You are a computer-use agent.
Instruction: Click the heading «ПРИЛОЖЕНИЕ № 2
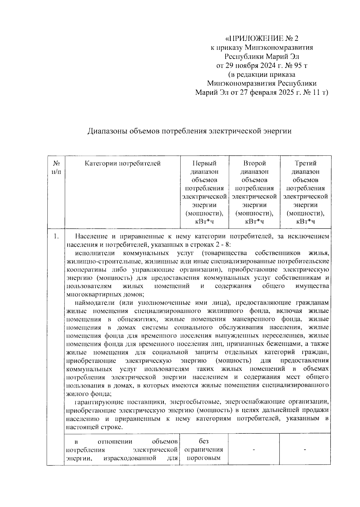click(262, 38)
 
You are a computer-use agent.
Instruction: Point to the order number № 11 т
click(316, 93)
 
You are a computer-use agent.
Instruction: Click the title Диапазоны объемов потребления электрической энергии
click(189, 131)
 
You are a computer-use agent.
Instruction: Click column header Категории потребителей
click(122, 163)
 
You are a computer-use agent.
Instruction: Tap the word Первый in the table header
click(204, 163)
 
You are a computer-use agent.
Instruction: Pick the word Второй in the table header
click(254, 163)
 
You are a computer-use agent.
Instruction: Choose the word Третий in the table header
click(305, 163)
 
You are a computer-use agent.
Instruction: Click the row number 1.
click(56, 236)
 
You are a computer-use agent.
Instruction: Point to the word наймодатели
click(94, 302)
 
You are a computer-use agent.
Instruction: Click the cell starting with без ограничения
click(204, 450)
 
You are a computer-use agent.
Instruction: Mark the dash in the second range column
click(254, 450)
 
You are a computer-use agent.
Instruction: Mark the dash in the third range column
click(305, 450)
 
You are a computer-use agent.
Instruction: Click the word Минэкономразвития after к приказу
click(279, 47)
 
